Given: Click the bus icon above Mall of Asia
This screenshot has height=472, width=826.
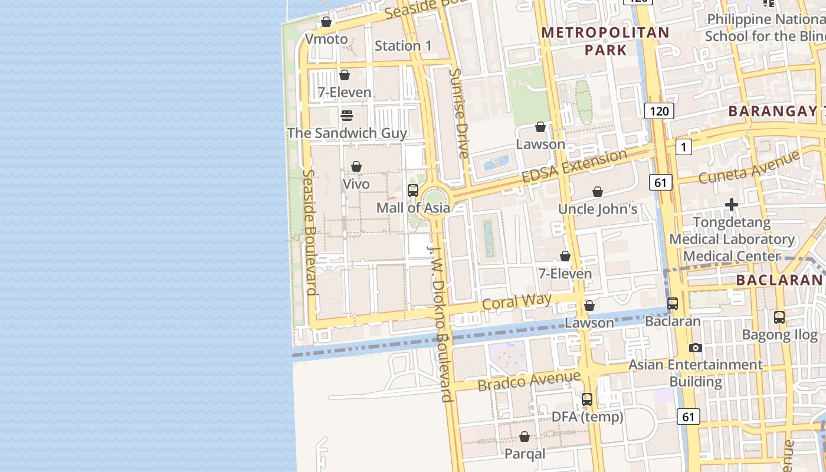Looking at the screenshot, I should click(x=413, y=191).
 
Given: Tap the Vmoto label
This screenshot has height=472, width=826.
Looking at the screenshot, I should click(x=326, y=39).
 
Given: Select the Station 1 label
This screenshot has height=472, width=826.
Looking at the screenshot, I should click(x=404, y=45).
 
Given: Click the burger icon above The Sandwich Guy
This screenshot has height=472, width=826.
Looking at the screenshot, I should click(x=347, y=115).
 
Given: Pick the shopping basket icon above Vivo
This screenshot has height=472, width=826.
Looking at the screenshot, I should click(x=356, y=167).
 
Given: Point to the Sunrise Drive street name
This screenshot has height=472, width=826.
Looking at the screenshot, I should click(x=458, y=113).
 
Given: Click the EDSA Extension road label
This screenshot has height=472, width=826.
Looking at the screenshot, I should click(x=574, y=166).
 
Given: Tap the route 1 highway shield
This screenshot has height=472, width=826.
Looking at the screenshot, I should click(x=683, y=147).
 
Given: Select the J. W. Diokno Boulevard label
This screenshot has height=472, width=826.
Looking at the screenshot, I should click(x=440, y=322).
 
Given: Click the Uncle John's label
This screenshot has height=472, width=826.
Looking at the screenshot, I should click(x=598, y=209).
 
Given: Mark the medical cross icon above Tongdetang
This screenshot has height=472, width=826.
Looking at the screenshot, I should click(x=732, y=205).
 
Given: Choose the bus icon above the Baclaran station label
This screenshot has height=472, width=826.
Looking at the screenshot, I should click(x=673, y=304).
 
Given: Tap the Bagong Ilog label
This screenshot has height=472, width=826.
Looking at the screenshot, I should click(x=779, y=335).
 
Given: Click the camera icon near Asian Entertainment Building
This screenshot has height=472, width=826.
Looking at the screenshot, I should click(x=696, y=348).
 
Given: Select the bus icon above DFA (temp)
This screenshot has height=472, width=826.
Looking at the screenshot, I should click(x=587, y=399).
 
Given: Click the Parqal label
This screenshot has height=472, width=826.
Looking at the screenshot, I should click(x=525, y=454).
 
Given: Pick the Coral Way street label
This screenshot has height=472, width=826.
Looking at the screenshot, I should click(x=517, y=301).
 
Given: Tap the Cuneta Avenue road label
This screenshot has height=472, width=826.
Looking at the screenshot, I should click(x=749, y=167).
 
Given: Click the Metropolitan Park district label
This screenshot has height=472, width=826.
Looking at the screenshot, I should click(x=605, y=41).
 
